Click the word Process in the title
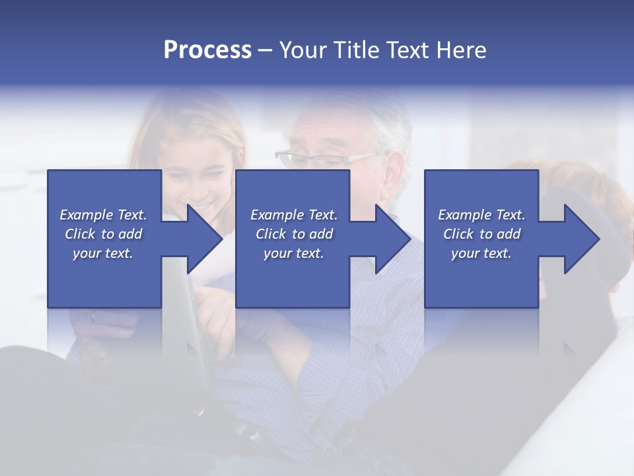[x=207, y=50]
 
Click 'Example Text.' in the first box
[x=103, y=215]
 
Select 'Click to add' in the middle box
[x=294, y=234]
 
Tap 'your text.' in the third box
[x=481, y=253]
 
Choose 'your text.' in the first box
[x=103, y=253]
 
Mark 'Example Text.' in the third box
[x=481, y=215]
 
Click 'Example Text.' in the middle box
[x=294, y=215]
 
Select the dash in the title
[x=265, y=51]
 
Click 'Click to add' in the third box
[x=481, y=234]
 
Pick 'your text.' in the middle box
[x=294, y=253]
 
